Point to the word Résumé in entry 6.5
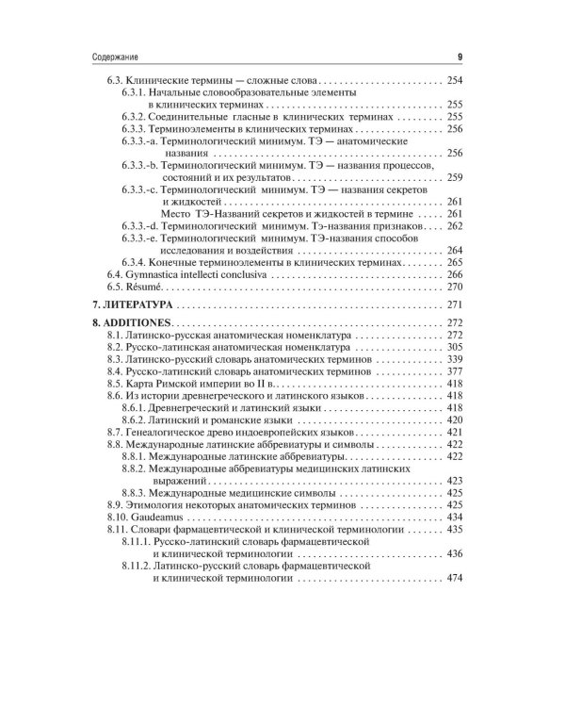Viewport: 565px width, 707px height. (144, 286)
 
